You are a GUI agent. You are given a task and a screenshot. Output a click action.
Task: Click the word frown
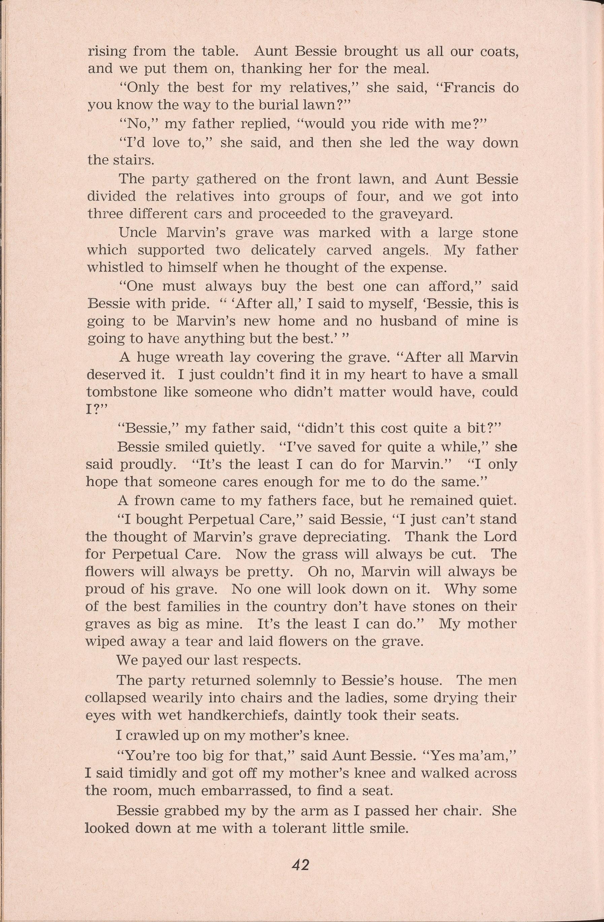(x=152, y=501)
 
